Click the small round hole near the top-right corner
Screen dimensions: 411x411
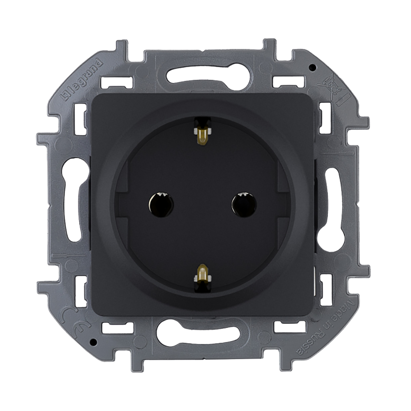coord(312,67)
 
